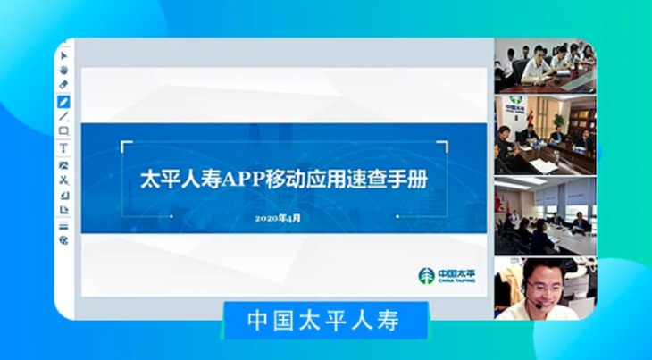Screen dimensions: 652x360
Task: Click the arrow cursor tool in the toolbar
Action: [x=63, y=55]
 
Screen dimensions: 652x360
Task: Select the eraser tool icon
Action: [x=63, y=84]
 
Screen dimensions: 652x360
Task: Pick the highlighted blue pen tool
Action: [x=63, y=102]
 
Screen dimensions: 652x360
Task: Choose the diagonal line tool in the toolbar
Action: [x=63, y=116]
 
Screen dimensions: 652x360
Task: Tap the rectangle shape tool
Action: [x=63, y=131]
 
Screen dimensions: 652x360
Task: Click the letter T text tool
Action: [x=63, y=148]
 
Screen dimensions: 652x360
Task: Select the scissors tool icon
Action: [x=63, y=180]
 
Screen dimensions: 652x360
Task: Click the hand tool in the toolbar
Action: [x=63, y=70]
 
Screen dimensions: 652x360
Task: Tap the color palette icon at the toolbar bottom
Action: [x=63, y=240]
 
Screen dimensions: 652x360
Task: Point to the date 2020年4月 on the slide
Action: [x=278, y=218]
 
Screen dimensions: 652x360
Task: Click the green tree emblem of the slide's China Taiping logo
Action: [x=427, y=276]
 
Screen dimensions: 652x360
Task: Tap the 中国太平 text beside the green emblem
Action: [x=456, y=273]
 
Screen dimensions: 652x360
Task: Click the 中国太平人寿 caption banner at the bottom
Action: [x=324, y=321]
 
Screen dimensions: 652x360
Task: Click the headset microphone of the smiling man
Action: [x=538, y=306]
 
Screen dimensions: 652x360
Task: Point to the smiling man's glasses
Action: [x=544, y=287]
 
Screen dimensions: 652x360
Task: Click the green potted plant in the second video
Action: [x=558, y=121]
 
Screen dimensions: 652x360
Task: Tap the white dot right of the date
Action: [x=397, y=216]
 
